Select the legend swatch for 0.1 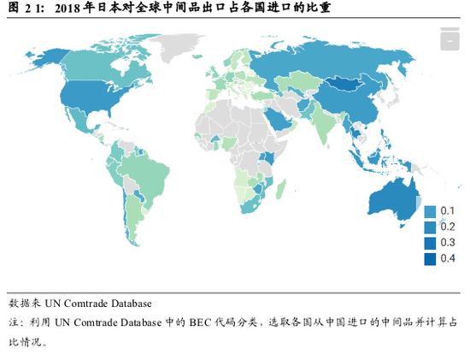(431, 211)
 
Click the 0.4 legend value (448, 259)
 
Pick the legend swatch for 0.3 (431, 243)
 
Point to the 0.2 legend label (448, 227)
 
